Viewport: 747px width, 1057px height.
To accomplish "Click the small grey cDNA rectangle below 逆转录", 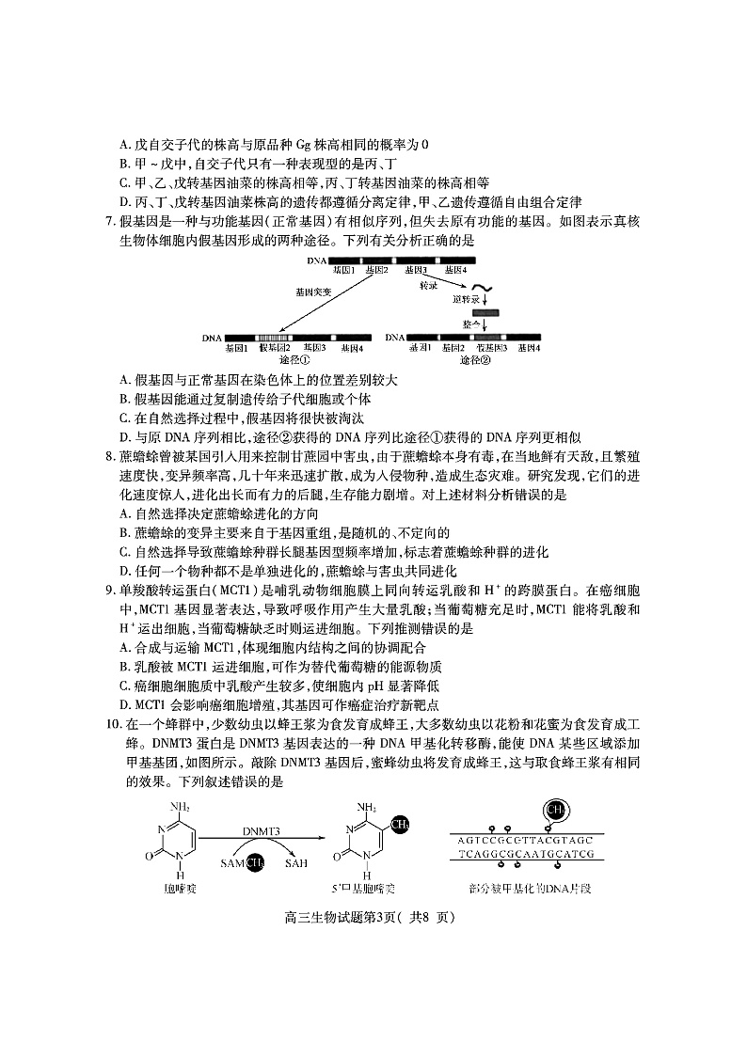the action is tap(485, 311).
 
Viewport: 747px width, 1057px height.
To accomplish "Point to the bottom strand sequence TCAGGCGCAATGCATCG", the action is tap(526, 855).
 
